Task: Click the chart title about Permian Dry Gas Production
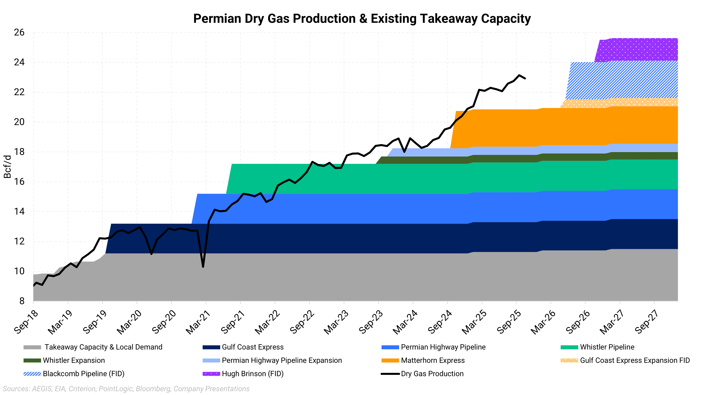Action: pyautogui.click(x=362, y=19)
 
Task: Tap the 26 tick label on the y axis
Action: pyautogui.click(x=19, y=33)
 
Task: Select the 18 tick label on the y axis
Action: pyautogui.click(x=19, y=152)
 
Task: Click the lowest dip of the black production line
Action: pyautogui.click(x=203, y=267)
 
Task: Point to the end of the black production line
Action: pyautogui.click(x=525, y=78)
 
